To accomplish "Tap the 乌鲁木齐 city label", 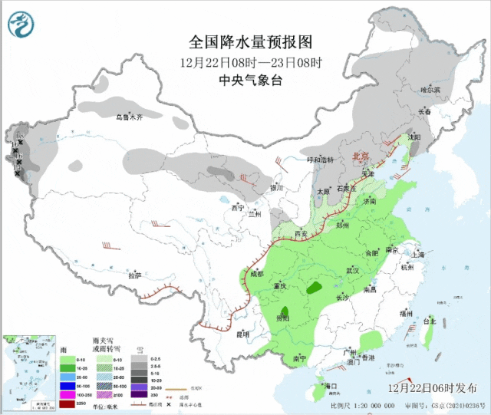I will [130, 117].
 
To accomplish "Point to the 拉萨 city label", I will [135, 275].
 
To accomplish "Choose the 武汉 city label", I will [353, 271].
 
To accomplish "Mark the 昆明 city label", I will [242, 334].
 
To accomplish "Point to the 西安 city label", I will [301, 233].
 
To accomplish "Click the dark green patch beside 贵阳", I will [283, 315].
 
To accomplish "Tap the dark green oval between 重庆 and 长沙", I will [314, 289].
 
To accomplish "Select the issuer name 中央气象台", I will [251, 79].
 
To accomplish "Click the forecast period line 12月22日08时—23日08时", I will [251, 61].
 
